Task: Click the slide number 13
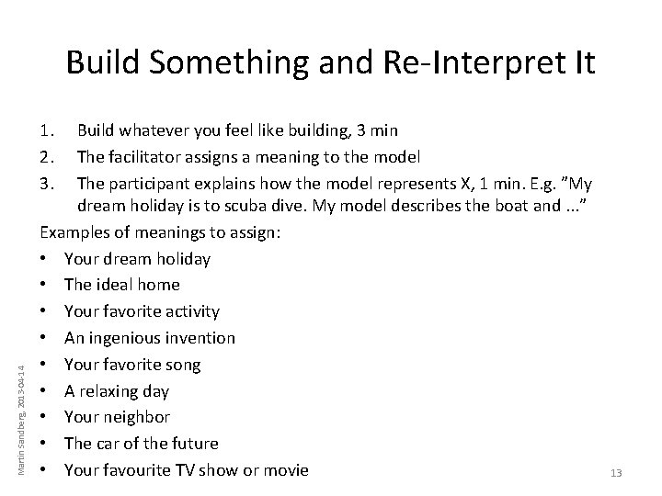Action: (x=616, y=473)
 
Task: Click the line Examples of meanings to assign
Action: (x=161, y=232)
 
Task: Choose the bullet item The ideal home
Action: (x=122, y=285)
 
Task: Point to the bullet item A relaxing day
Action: (x=116, y=390)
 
